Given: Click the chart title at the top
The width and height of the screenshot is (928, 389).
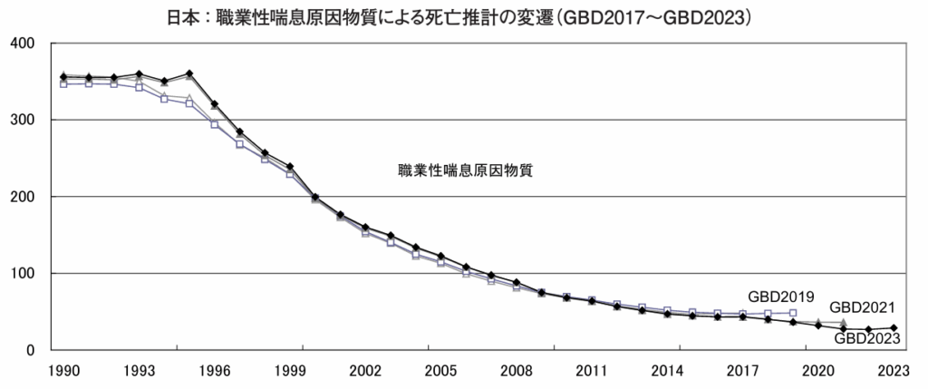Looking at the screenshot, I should tap(463, 16).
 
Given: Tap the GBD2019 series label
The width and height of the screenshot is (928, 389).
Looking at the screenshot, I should tap(781, 297).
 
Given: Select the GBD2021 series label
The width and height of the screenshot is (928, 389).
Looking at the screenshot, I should tap(863, 306).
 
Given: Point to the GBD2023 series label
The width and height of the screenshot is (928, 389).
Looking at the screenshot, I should tap(867, 339).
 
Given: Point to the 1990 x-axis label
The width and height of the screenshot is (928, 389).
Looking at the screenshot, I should tap(63, 371).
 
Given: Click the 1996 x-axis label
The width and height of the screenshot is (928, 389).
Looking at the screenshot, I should tap(214, 371).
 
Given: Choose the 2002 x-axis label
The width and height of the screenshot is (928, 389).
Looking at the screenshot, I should tap(364, 371).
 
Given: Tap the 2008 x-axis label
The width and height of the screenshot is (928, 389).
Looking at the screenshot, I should tap(515, 371).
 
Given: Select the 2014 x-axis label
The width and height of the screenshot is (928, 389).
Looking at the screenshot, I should tap(666, 371).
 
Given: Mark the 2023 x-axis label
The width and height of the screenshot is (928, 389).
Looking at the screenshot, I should tap(893, 371).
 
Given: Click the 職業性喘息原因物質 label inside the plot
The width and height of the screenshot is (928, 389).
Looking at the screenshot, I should tap(464, 170).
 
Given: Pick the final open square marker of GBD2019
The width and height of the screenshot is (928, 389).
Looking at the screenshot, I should tap(793, 313).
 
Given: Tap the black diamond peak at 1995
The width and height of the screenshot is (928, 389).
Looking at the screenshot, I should tap(188, 73).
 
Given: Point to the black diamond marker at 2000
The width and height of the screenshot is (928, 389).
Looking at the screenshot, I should tap(314, 197).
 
